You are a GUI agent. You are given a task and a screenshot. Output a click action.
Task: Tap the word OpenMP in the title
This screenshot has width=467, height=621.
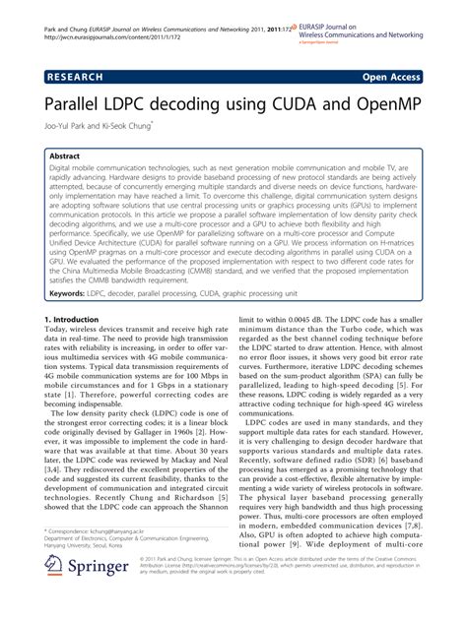click(375, 101)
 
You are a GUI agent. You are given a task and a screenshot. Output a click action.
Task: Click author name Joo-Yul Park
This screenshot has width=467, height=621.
click(69, 125)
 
